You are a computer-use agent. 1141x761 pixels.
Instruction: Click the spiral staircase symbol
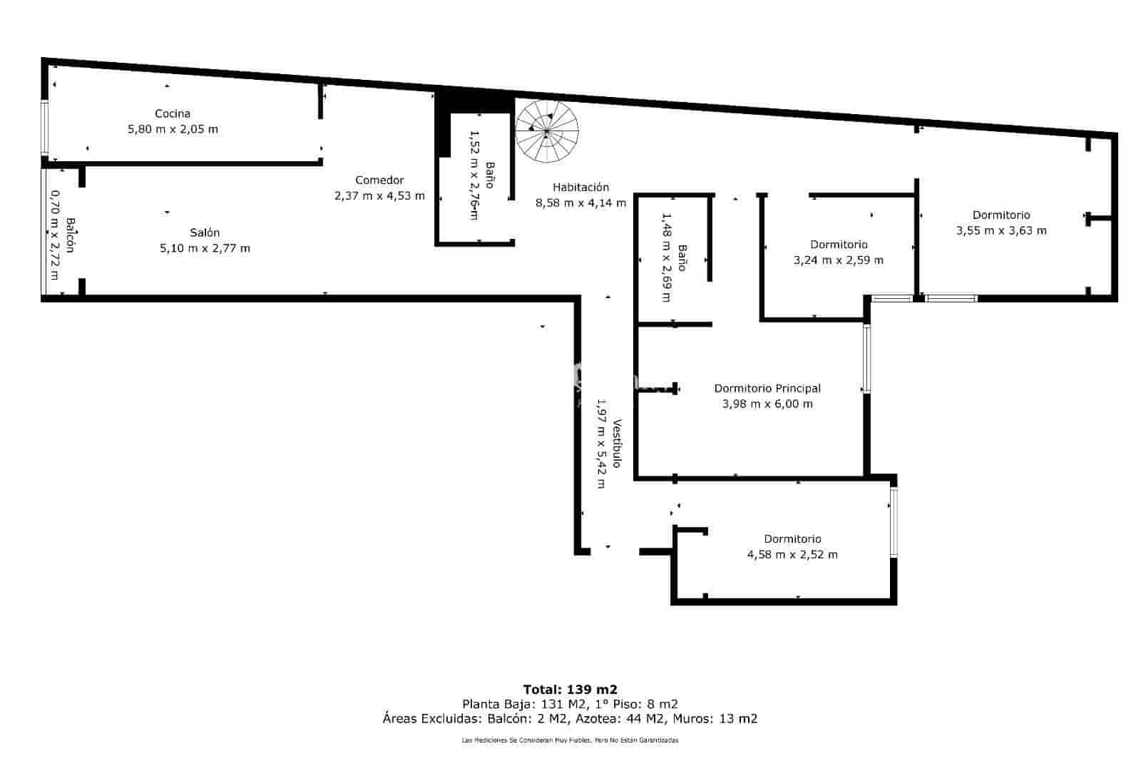pyautogui.click(x=547, y=131)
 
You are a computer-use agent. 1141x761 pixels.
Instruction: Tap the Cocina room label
pyautogui.click(x=173, y=113)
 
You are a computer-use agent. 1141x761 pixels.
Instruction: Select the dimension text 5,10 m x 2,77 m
pyautogui.click(x=205, y=248)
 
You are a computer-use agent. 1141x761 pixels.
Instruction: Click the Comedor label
pyautogui.click(x=379, y=180)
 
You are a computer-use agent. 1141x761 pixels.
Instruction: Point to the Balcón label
pyautogui.click(x=70, y=235)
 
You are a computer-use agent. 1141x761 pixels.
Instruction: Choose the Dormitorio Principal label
pyautogui.click(x=767, y=388)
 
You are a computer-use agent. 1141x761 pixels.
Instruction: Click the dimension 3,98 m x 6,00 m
pyautogui.click(x=767, y=404)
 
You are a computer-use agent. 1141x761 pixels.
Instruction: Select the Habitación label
pyautogui.click(x=580, y=187)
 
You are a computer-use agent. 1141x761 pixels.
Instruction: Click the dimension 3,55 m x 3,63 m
pyautogui.click(x=1001, y=230)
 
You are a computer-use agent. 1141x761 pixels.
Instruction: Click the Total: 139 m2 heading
pyautogui.click(x=570, y=689)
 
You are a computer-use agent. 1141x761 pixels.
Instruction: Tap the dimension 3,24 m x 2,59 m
pyautogui.click(x=839, y=260)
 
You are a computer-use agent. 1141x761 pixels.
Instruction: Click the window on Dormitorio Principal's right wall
pyautogui.click(x=866, y=359)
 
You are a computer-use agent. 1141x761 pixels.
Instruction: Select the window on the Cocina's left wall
pyautogui.click(x=44, y=128)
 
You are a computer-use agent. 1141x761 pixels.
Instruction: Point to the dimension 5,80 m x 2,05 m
pyautogui.click(x=173, y=129)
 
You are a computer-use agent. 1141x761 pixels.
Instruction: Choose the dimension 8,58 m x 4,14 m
pyautogui.click(x=580, y=203)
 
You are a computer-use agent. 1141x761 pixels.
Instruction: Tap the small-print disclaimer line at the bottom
pyautogui.click(x=570, y=740)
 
